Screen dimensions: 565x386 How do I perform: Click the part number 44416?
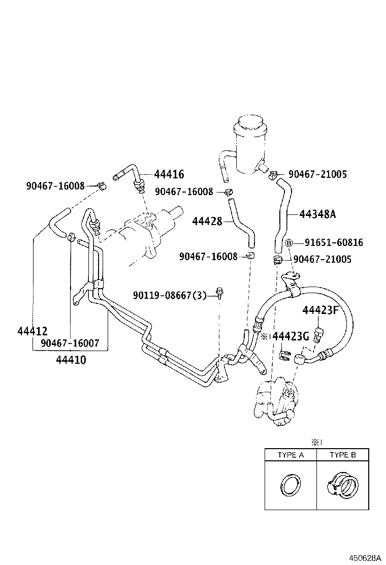(169, 175)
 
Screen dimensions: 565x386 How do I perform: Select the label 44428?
(207, 221)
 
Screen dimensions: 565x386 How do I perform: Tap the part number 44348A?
(317, 214)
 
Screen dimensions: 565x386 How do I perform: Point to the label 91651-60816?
(334, 243)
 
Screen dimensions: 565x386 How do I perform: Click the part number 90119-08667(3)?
(170, 295)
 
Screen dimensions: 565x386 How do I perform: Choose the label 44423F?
(320, 310)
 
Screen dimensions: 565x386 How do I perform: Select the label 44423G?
(291, 336)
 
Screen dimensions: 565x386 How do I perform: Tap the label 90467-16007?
(70, 343)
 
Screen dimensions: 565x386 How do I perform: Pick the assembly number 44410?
(71, 360)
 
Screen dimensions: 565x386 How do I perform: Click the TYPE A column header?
(290, 455)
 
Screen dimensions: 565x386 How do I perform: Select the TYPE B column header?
(342, 455)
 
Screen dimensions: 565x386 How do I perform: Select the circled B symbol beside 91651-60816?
(288, 243)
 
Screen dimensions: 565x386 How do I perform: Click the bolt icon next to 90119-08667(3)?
(220, 293)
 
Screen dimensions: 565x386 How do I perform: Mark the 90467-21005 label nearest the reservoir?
(317, 174)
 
